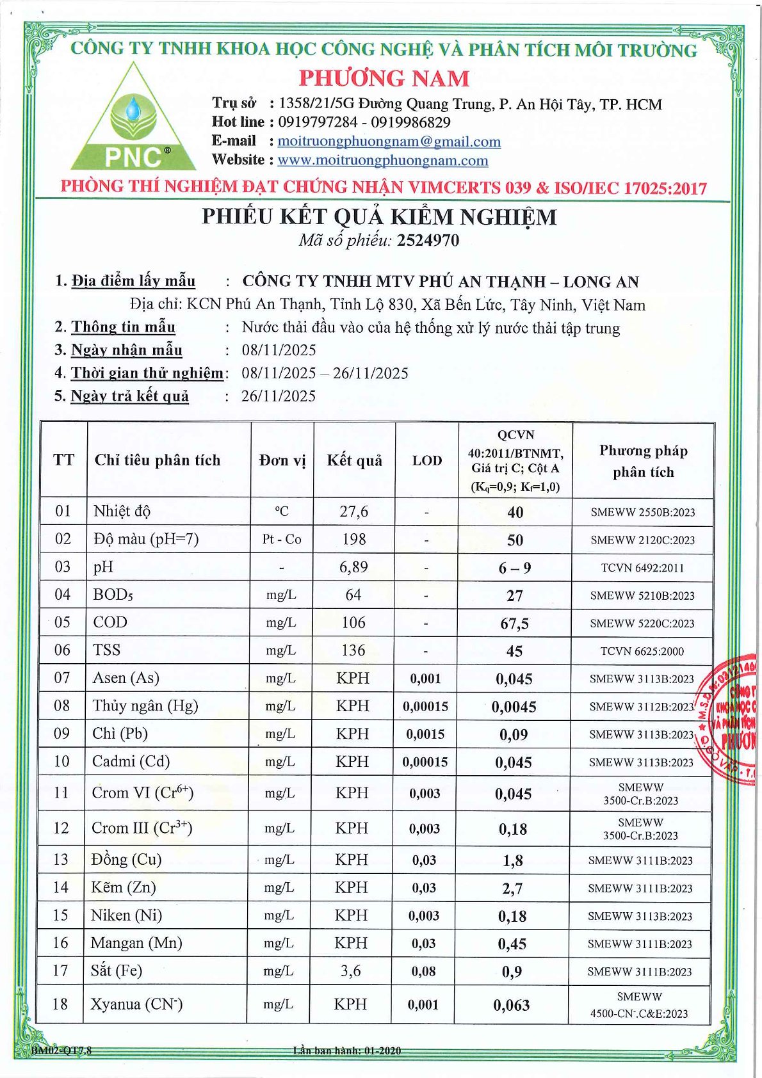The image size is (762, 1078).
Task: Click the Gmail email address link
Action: tap(389, 141)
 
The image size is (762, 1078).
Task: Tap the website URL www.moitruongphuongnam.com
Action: tap(382, 160)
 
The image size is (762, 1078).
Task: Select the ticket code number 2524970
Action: tap(428, 240)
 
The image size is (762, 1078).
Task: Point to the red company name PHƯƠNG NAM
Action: tap(384, 78)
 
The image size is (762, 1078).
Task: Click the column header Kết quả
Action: tap(354, 460)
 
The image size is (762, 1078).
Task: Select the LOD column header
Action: tap(426, 460)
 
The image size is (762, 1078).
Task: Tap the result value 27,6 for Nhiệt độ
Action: tap(354, 511)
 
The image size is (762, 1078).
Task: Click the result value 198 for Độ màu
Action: tap(354, 539)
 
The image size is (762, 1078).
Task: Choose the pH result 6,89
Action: tap(354, 567)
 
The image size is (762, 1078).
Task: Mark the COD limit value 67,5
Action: tap(514, 623)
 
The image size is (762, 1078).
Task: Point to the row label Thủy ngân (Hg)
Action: tap(145, 706)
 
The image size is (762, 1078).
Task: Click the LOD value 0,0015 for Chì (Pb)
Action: tap(425, 734)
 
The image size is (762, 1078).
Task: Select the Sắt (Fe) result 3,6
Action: tap(351, 971)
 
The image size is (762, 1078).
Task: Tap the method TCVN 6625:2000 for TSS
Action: tap(642, 651)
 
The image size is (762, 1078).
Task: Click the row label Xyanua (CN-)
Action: tap(136, 1004)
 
